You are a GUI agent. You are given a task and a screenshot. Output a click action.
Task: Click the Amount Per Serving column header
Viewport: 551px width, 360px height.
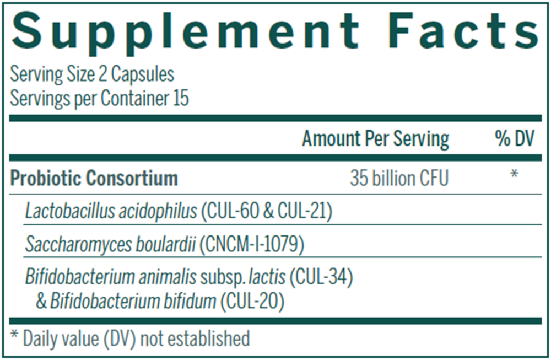coord(375,139)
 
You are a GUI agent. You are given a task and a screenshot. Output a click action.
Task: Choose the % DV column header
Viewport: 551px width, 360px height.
coord(514,139)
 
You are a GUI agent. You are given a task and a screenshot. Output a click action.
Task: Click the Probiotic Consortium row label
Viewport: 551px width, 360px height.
coord(94,179)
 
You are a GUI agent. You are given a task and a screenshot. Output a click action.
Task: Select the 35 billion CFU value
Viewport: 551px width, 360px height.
coord(399,179)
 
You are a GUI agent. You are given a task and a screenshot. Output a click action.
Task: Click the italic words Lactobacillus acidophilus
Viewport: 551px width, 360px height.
coord(111,212)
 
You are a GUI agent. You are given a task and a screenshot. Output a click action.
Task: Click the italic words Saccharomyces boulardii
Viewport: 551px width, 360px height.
coord(111,245)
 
